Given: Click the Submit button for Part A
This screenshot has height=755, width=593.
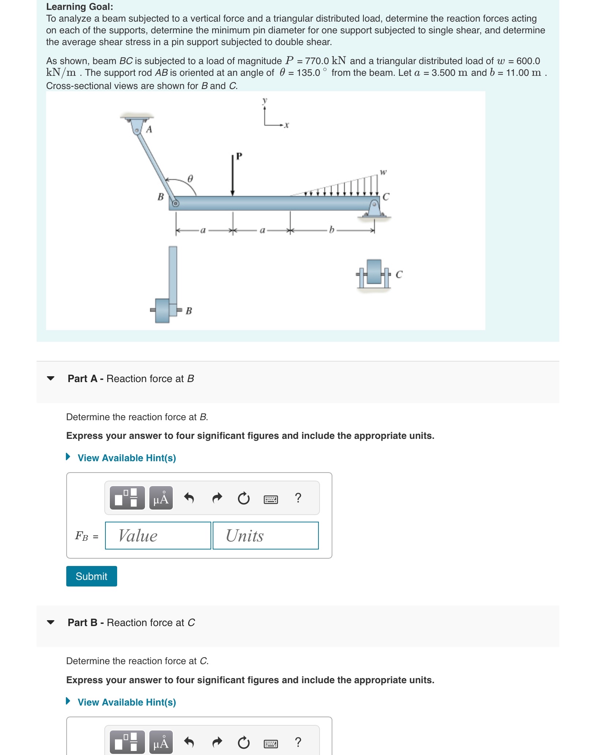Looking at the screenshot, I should coord(92,576).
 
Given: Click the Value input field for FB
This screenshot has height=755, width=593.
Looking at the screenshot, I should coord(158,536).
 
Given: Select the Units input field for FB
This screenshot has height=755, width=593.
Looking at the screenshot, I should coord(265,536).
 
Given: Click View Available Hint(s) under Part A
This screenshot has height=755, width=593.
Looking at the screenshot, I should coord(126,458).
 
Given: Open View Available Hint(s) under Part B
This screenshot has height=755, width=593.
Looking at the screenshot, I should coord(126,702).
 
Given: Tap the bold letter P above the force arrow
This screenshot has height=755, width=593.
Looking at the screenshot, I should coord(239,156).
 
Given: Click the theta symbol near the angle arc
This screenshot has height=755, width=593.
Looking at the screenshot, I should coord(190,179).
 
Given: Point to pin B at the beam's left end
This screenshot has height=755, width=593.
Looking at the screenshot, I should coord(175,203).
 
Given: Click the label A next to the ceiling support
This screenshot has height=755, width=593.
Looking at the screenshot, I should coord(149,130).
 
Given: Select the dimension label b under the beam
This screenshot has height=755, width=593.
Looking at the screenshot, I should coord(332,230).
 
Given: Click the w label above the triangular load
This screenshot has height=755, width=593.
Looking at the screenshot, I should coord(383,172).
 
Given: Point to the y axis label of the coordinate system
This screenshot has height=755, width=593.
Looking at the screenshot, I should coord(265,100).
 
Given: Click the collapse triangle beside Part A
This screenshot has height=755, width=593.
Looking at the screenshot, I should coord(51,378).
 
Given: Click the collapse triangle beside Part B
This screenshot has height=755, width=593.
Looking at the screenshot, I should coord(51,622).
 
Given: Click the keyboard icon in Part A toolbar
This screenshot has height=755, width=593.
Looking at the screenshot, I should coord(271,499).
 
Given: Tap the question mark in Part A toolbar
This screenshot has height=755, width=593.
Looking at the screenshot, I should coord(298,498).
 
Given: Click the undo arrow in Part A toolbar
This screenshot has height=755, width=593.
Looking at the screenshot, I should coord(189,498).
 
